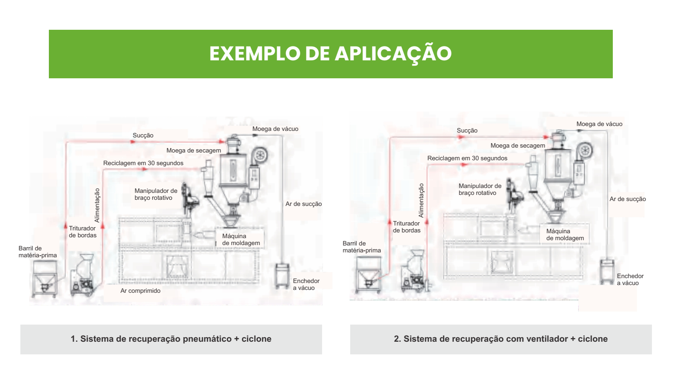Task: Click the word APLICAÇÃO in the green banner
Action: (393, 54)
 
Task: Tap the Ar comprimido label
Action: (140, 291)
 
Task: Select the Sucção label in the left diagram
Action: (143, 135)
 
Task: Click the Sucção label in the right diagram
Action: (467, 130)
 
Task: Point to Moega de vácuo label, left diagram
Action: (275, 129)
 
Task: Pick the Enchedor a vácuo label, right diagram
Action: (630, 279)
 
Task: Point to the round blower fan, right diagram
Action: (585, 150)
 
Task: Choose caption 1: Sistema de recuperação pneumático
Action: (171, 339)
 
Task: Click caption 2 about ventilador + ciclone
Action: (500, 339)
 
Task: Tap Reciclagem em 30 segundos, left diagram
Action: (143, 163)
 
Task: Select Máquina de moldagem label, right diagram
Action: (565, 234)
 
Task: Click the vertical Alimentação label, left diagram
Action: (97, 205)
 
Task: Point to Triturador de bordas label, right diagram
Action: (406, 227)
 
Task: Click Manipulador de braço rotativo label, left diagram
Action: (156, 194)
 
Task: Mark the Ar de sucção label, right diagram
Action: (627, 199)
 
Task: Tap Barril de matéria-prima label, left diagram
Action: (37, 252)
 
